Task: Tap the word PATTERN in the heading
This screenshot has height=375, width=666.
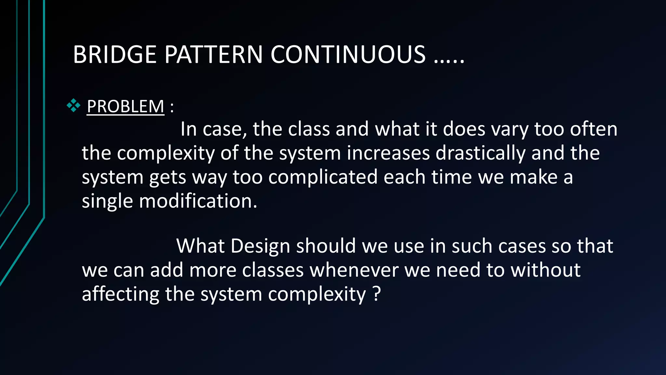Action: (213, 54)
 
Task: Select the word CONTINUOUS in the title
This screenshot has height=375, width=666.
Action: (348, 54)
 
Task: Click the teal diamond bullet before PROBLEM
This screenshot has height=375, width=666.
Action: (73, 105)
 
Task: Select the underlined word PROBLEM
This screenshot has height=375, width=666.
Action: (126, 106)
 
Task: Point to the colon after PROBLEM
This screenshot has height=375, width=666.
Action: (172, 107)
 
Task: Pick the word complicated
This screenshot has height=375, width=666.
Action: (323, 177)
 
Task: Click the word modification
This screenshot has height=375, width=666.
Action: (198, 201)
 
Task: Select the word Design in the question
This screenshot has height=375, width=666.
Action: (260, 246)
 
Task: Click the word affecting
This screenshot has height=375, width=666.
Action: (120, 294)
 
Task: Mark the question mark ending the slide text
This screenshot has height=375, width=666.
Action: (376, 294)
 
